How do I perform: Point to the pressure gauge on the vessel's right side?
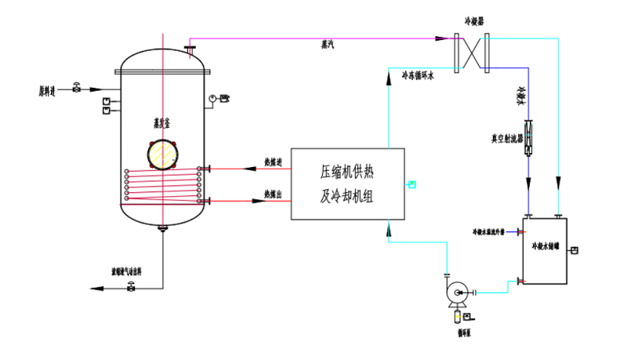coord(212,99)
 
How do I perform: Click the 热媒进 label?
coord(274,162)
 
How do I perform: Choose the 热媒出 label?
coord(274,193)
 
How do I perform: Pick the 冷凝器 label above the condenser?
coord(469,23)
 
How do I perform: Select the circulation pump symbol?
coord(455,294)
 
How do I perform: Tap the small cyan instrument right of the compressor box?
coord(412,185)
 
